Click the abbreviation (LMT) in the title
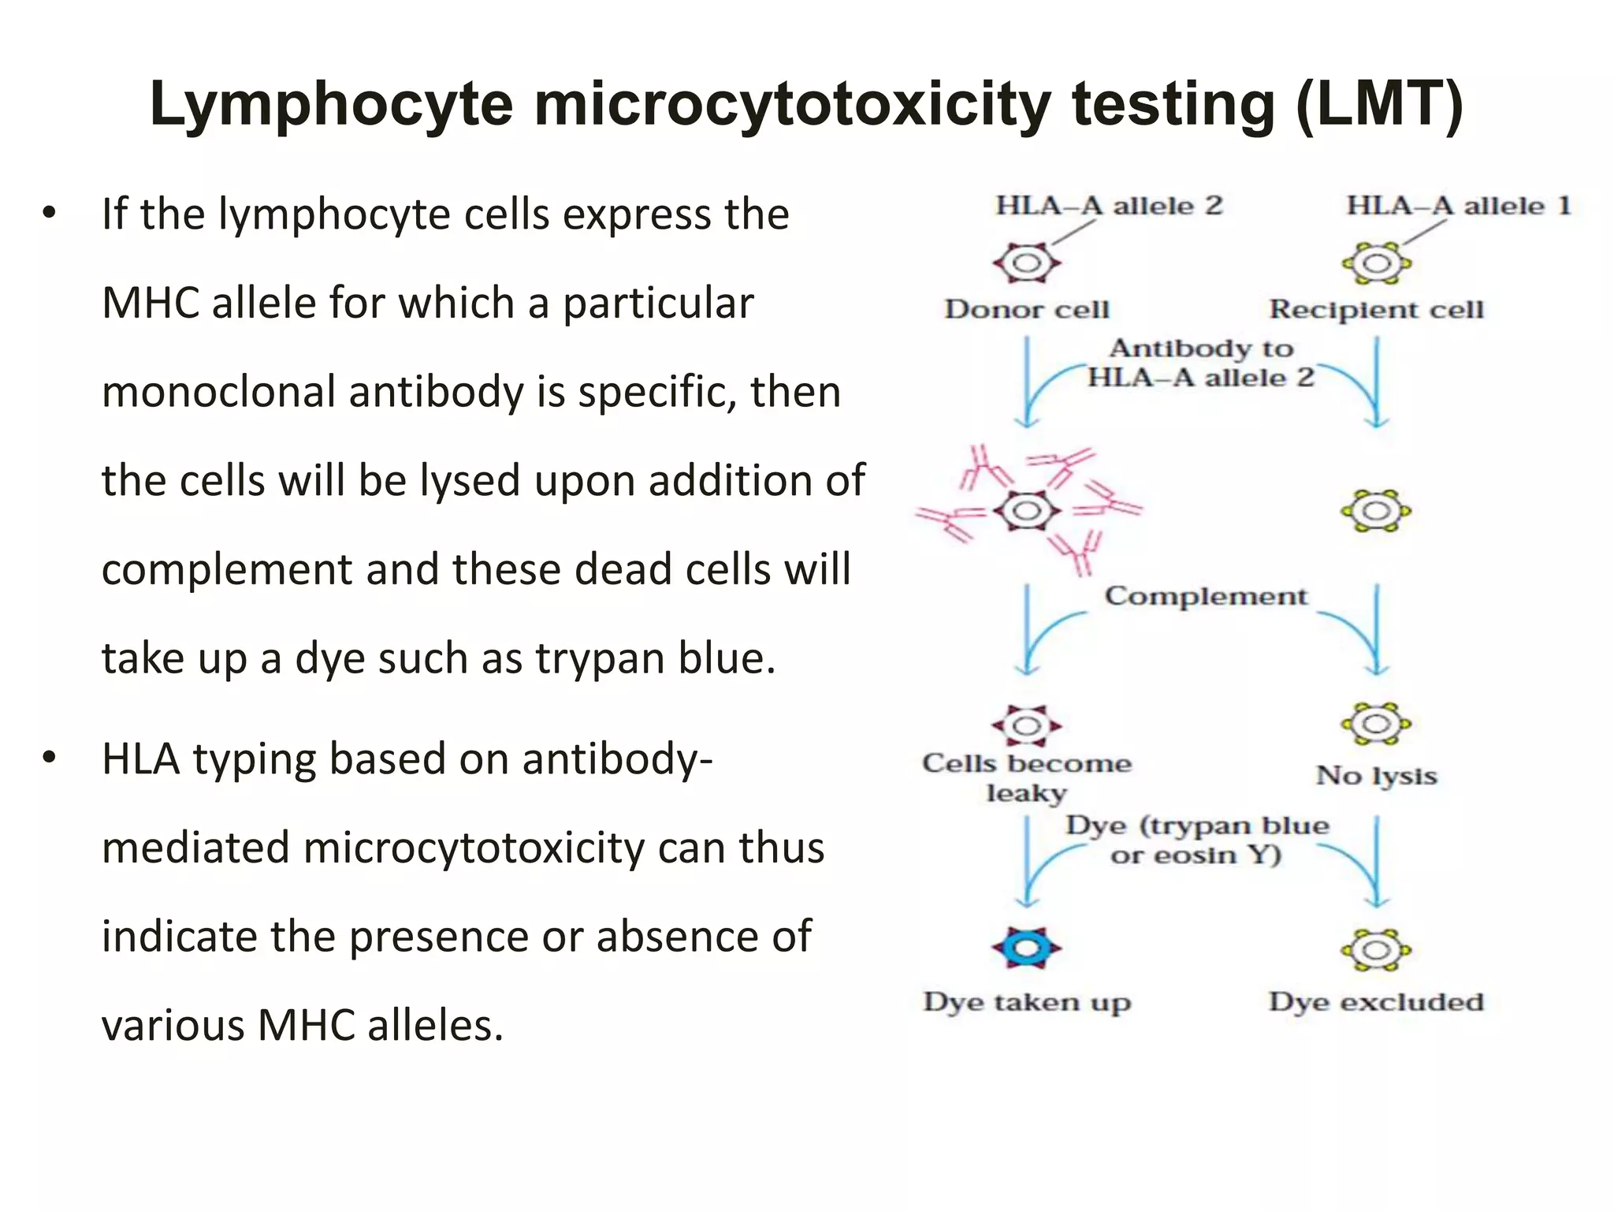click(1379, 104)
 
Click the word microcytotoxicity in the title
click(792, 104)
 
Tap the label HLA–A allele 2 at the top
click(1108, 207)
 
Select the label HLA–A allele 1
click(1458, 207)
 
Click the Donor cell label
click(1026, 309)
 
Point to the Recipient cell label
click(1376, 309)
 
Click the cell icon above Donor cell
click(1026, 263)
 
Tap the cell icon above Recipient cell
click(1376, 263)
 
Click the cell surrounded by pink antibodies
click(1026, 511)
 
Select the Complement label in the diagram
click(1205, 596)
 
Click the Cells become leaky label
click(1026, 777)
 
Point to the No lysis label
click(1376, 776)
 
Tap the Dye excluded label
click(1376, 1002)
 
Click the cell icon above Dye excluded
click(1376, 949)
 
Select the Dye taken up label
click(1026, 1002)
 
